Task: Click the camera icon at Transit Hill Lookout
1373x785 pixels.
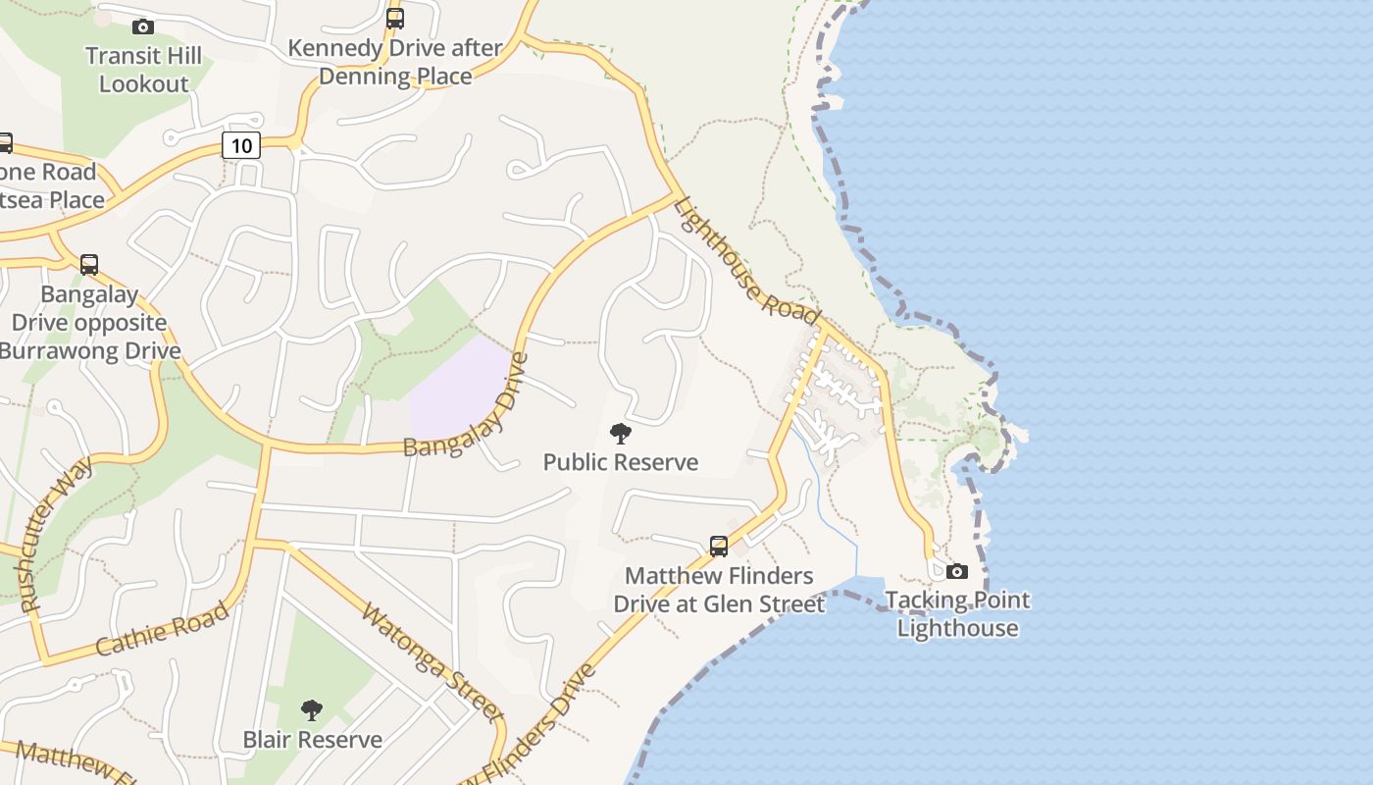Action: click(143, 26)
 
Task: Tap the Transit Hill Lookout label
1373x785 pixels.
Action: click(143, 70)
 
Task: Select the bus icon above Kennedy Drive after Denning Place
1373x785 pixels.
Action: click(395, 18)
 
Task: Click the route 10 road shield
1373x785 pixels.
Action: click(240, 146)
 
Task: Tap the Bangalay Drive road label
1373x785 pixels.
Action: click(467, 406)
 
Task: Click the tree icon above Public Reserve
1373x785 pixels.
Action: click(620, 433)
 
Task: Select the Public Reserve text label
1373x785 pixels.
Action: click(621, 462)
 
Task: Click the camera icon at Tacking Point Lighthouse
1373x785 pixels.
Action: click(957, 571)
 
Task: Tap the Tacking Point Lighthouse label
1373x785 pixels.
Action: click(957, 614)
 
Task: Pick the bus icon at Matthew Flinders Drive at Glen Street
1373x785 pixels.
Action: click(719, 547)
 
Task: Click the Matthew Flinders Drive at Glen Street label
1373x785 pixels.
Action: click(719, 590)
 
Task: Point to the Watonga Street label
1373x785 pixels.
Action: click(432, 661)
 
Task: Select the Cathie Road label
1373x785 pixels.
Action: click(164, 628)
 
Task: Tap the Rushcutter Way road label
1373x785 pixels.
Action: click(57, 534)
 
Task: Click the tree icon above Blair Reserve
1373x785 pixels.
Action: click(312, 709)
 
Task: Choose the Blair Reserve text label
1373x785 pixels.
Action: click(313, 739)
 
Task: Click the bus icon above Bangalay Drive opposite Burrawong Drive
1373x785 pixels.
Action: click(89, 265)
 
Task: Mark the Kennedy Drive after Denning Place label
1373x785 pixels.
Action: click(395, 62)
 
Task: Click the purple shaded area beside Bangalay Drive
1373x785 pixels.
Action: click(459, 389)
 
